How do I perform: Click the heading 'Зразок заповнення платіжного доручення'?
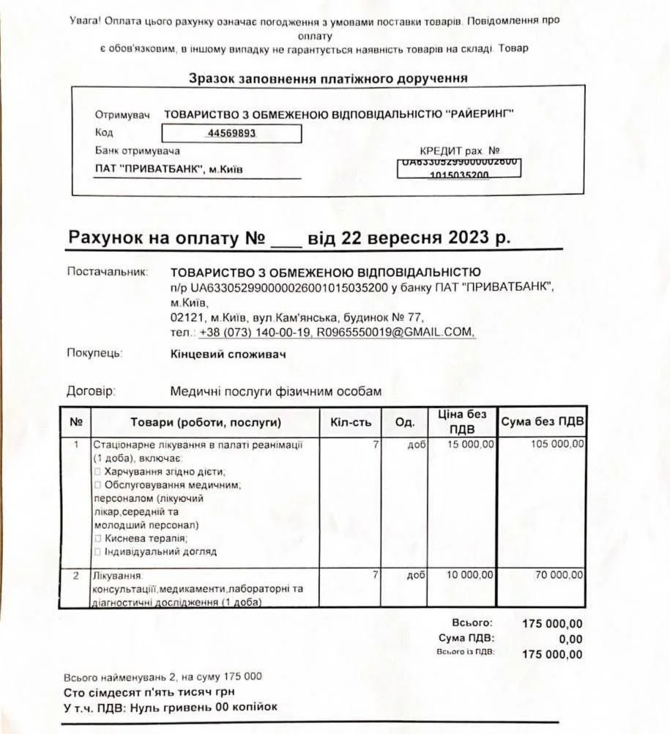tap(328, 78)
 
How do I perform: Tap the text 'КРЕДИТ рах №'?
tap(459, 151)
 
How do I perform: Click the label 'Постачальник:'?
tap(108, 271)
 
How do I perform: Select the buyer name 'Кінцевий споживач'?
tap(228, 354)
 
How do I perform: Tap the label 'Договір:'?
tap(92, 391)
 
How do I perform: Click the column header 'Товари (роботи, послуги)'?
tap(206, 423)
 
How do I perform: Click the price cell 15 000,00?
tap(471, 444)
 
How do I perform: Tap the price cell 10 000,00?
tap(471, 575)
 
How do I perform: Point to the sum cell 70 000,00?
tap(559, 575)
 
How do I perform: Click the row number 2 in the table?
tap(75, 575)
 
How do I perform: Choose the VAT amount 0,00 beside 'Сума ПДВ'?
tap(570, 639)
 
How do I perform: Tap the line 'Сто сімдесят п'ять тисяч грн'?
tap(149, 692)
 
